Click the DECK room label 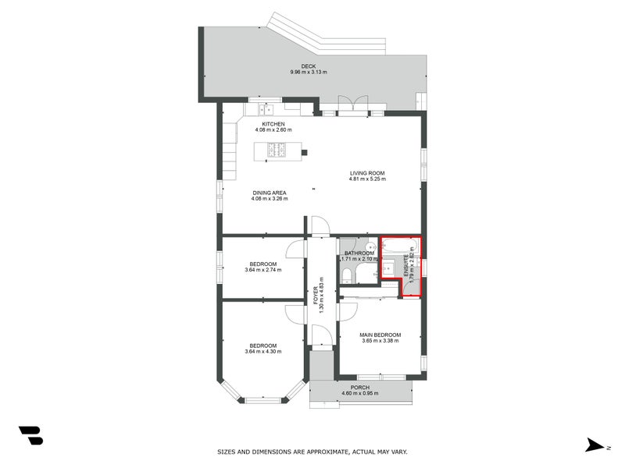pos(309,66)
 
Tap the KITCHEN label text pos(273,124)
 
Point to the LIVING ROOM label pos(366,173)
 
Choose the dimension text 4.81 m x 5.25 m pos(366,179)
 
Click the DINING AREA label pos(269,192)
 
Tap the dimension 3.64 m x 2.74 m pos(262,270)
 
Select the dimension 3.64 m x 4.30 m pos(262,352)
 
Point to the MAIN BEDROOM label pos(380,335)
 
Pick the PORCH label pos(360,387)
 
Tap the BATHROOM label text pos(359,253)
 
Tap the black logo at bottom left pos(30,435)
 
